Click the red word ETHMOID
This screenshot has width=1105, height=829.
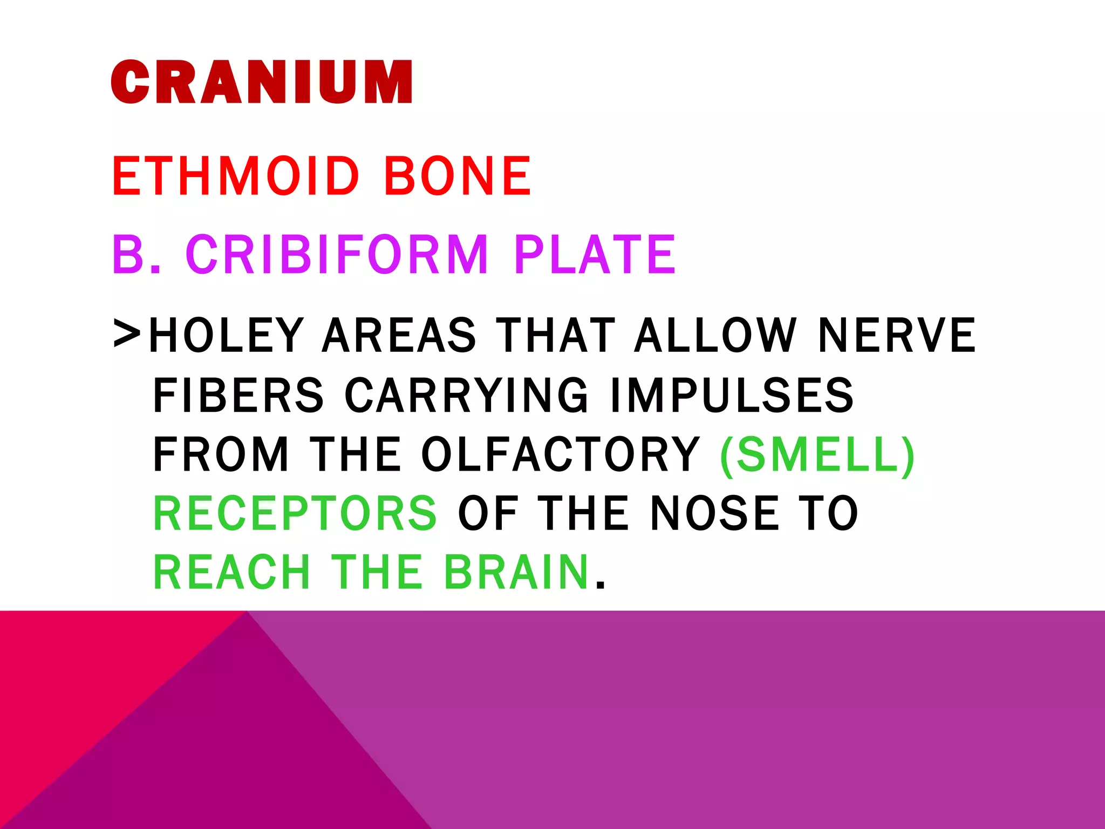pos(236,176)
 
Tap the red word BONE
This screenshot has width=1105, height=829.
pos(458,176)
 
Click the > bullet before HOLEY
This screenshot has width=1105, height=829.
pos(127,334)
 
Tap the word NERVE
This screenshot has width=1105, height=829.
pos(897,336)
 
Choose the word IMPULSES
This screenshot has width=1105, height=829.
pos(732,395)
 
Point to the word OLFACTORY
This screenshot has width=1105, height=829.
pos(561,454)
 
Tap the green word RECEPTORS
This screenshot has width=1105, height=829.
pos(295,513)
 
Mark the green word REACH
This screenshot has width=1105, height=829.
pos(232,572)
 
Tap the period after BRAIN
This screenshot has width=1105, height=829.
pos(600,585)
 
